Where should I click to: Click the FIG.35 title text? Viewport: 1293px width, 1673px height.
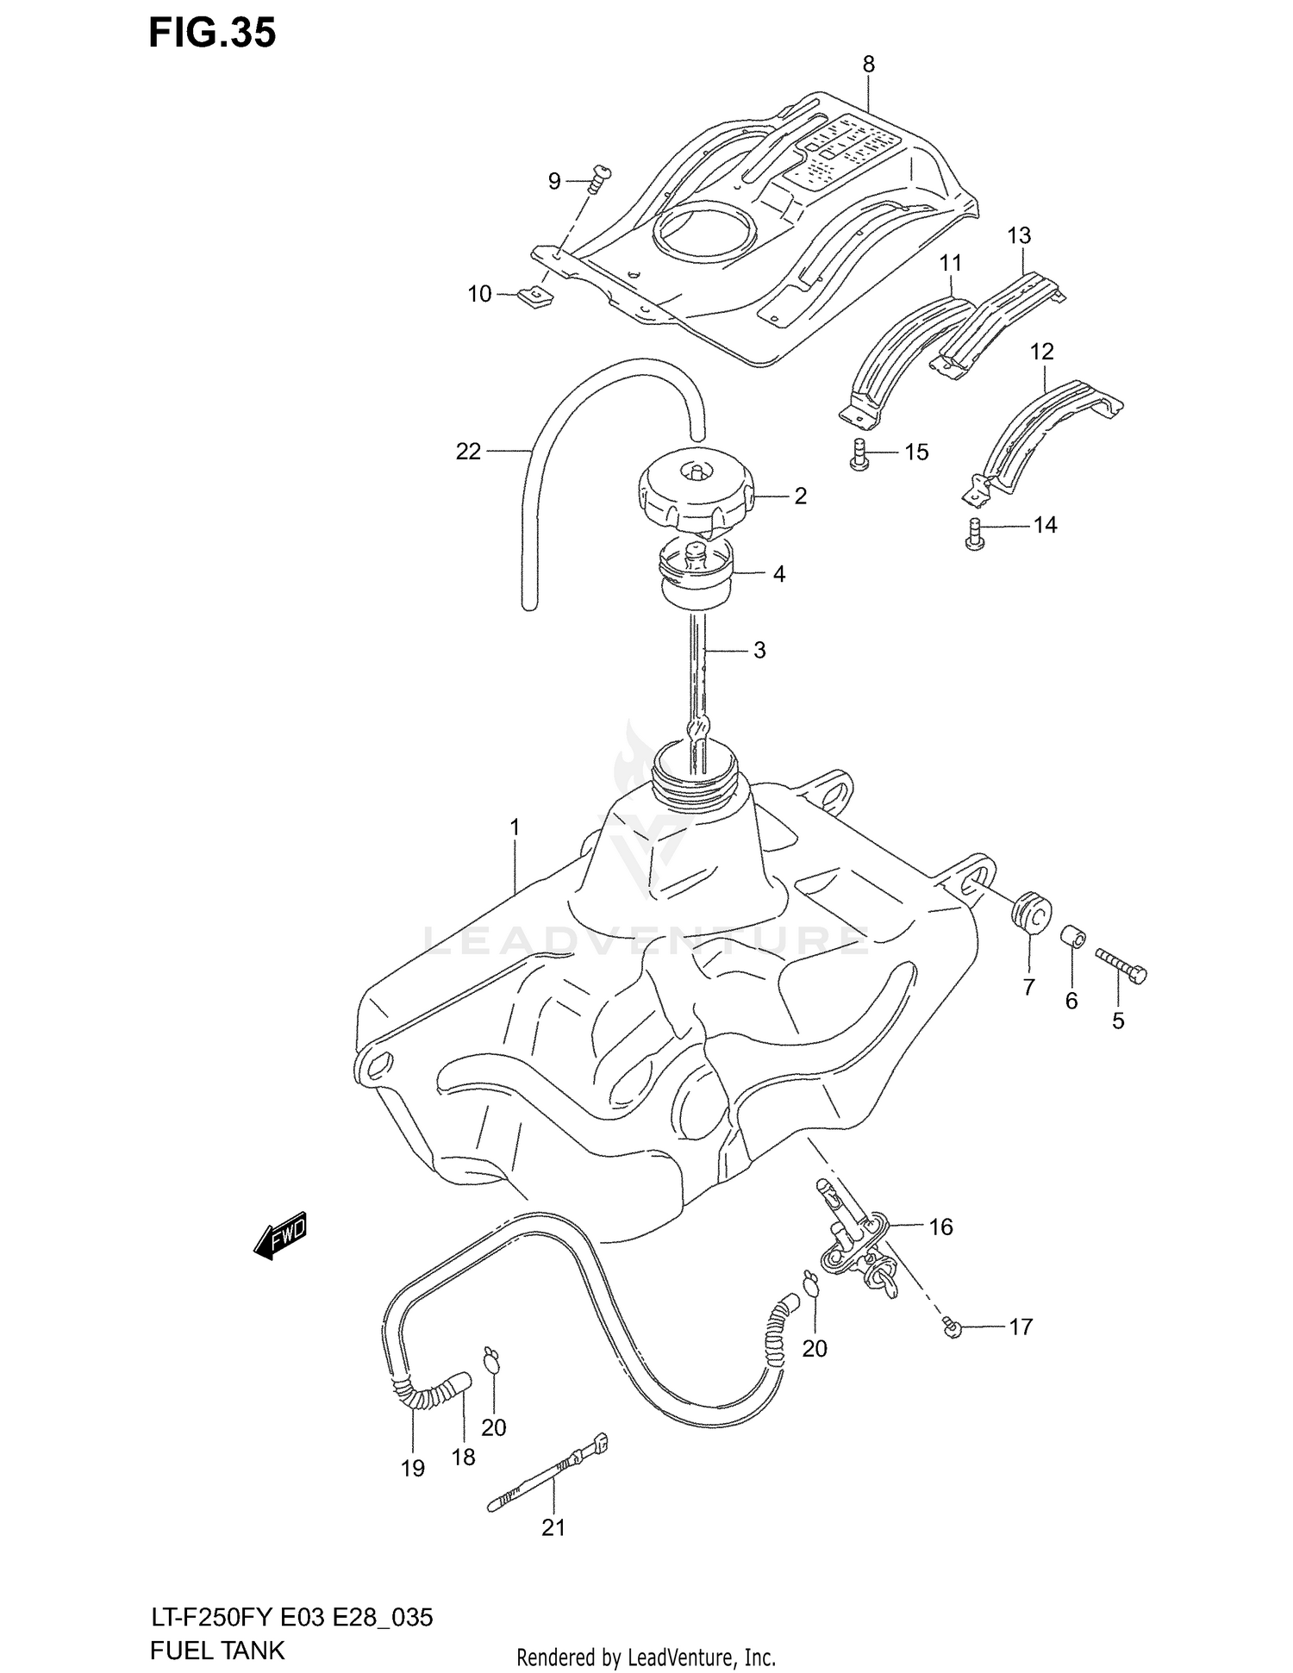[x=212, y=33]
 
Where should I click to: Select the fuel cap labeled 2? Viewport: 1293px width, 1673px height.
[x=695, y=496]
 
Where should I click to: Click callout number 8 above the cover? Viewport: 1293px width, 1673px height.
[x=868, y=65]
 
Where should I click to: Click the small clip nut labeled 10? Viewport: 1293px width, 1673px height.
[x=534, y=297]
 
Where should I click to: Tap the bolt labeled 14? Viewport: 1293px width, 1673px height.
[x=974, y=534]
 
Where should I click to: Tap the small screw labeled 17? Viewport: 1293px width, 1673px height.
[x=952, y=1328]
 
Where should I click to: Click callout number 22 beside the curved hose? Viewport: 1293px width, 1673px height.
[x=468, y=452]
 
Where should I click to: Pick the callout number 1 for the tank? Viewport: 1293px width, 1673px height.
[x=515, y=828]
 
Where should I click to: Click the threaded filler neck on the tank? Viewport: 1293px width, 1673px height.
[x=695, y=767]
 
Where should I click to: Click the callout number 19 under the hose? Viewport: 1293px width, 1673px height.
[x=413, y=1469]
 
